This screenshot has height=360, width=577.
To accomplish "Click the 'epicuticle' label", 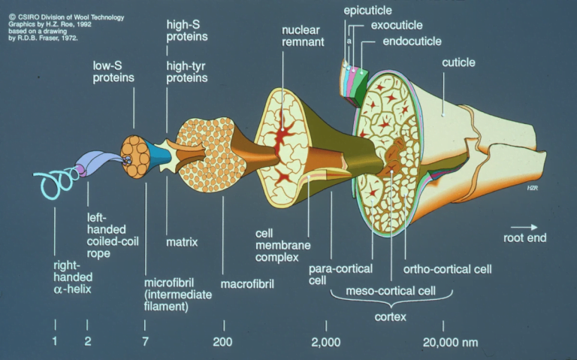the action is click(367, 11).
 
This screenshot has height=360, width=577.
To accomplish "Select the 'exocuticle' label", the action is click(397, 26).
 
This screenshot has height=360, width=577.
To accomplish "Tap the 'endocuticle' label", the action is click(412, 41).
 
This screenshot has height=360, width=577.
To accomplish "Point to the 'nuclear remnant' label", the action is click(303, 36).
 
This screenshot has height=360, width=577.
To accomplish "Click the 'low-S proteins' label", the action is click(113, 72).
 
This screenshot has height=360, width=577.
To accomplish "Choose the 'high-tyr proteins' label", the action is click(187, 72).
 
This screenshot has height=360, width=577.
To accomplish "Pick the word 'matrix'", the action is click(182, 242).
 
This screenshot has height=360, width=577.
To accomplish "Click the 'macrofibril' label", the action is click(247, 284).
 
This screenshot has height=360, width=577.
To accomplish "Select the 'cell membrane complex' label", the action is click(283, 245).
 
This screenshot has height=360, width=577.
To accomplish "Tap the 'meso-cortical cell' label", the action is click(391, 291).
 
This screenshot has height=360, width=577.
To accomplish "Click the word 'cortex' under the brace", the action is click(391, 316).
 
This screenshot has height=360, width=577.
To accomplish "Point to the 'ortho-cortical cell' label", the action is click(448, 270).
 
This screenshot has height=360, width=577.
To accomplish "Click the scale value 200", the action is click(222, 342).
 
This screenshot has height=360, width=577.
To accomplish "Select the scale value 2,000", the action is click(325, 342).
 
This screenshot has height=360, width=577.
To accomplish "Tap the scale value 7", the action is click(145, 342).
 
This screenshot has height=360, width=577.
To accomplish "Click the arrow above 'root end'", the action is click(524, 228).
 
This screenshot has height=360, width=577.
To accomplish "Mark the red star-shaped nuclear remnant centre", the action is click(282, 130).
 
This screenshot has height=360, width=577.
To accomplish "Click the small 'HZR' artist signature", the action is click(533, 188).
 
